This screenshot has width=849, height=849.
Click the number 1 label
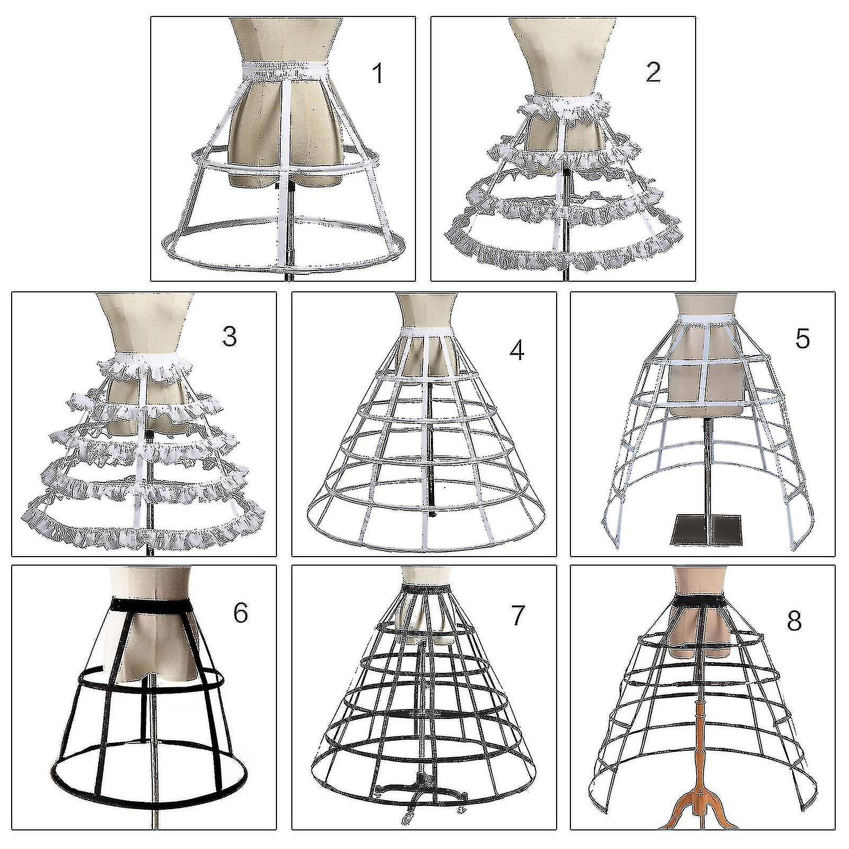(377, 73)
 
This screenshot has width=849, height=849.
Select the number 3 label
(229, 336)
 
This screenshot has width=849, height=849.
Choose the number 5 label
(802, 338)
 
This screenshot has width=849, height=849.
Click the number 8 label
(794, 620)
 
